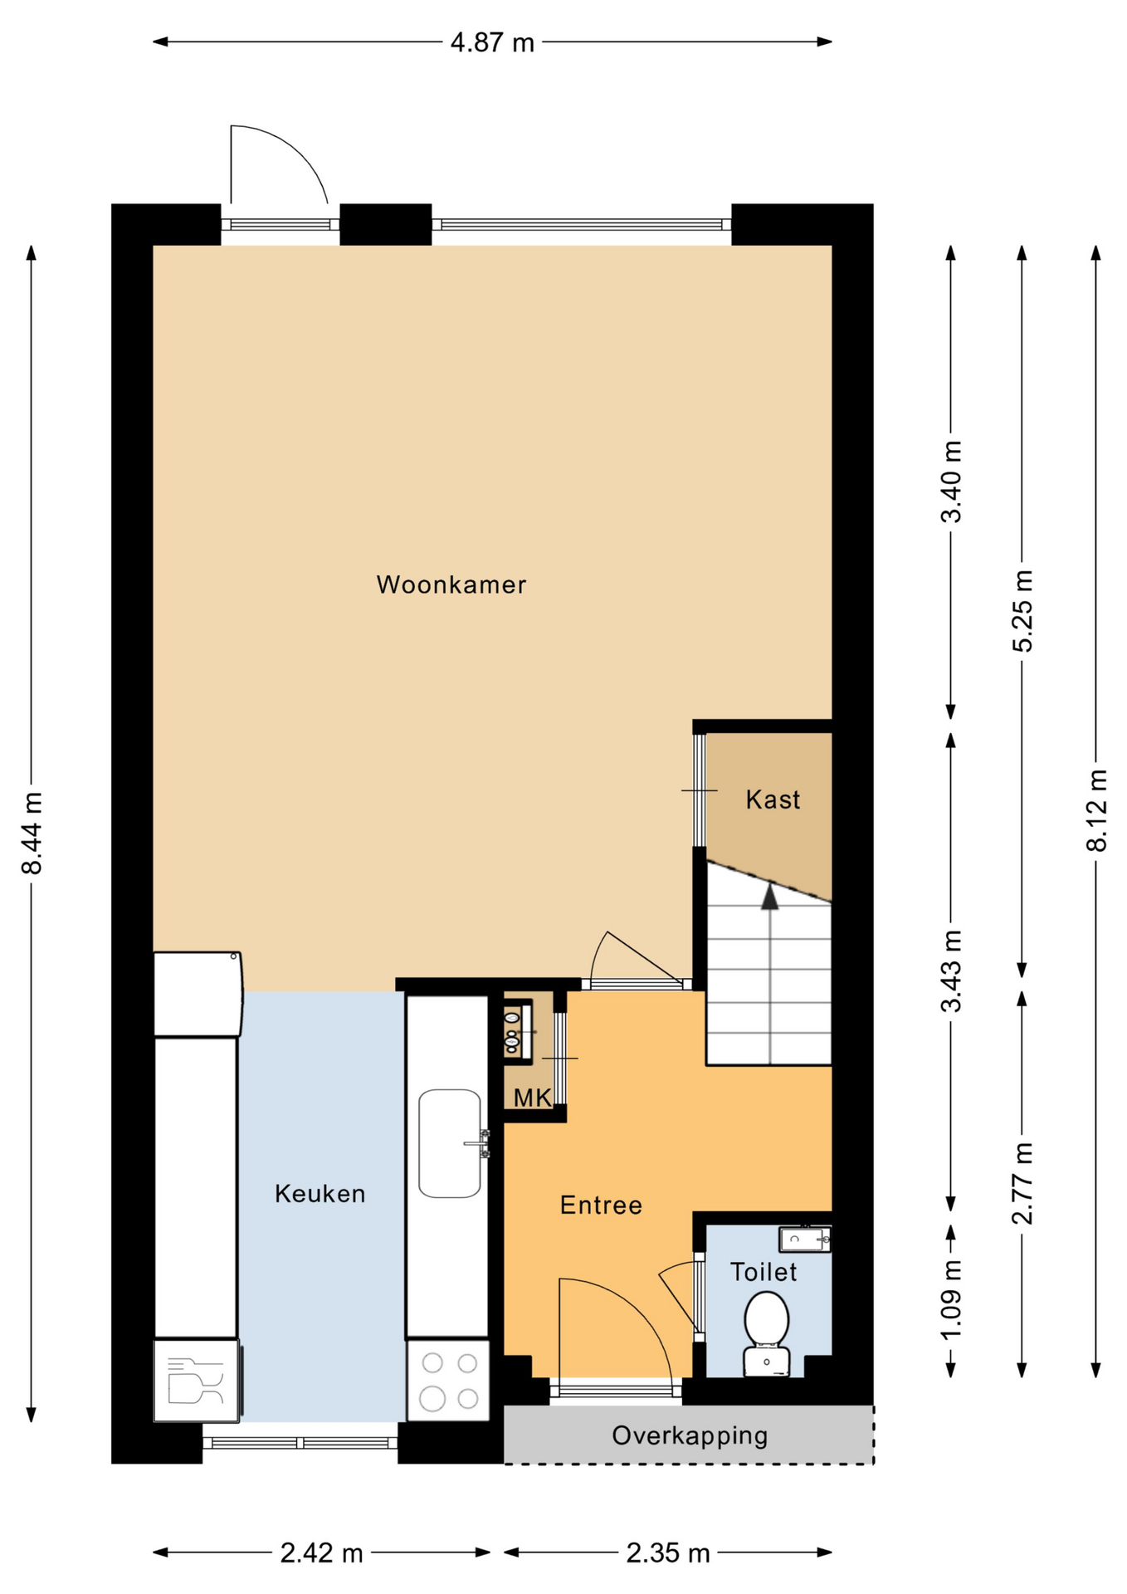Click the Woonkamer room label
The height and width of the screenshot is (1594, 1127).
point(451,584)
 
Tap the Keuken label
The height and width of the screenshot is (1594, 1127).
point(320,1194)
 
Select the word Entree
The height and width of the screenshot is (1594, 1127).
point(601,1205)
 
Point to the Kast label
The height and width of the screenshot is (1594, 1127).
point(773,799)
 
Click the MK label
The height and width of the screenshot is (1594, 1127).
point(532,1098)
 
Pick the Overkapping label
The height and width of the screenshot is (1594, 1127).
point(690,1435)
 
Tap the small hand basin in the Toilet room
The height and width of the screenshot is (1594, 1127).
point(804,1240)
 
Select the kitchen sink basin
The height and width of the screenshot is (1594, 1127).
point(450,1143)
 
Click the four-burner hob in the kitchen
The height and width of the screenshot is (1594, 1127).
point(448,1381)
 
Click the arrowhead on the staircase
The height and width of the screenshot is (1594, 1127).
point(770,897)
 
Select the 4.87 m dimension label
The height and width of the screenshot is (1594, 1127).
point(492,42)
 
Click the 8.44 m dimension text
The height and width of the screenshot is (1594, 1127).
point(32,833)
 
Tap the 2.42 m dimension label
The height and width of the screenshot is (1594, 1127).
point(322,1552)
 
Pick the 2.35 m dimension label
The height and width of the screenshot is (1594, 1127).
point(668,1552)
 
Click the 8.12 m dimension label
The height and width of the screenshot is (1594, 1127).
point(1096,810)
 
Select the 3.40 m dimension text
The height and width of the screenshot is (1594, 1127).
point(951,482)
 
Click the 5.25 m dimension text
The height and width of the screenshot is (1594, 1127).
point(1022,611)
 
